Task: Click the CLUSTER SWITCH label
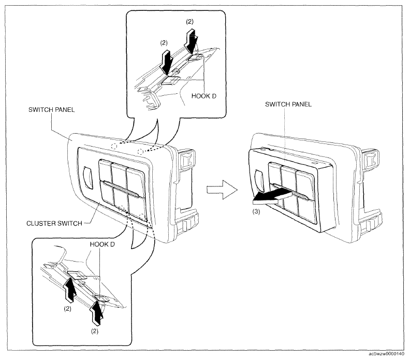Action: (54, 223)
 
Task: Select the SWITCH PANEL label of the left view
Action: (51, 110)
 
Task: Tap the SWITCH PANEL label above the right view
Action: (288, 104)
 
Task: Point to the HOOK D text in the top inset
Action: (203, 96)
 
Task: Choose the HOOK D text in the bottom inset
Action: (103, 244)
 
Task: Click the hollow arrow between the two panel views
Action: (222, 190)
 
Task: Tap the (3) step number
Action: (256, 211)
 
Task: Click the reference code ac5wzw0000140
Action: (387, 354)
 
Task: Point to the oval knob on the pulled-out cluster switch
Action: (259, 181)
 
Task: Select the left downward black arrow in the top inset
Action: (166, 62)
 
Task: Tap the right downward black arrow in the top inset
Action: (192, 40)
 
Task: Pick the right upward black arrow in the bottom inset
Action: (97, 313)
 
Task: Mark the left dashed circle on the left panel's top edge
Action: (114, 146)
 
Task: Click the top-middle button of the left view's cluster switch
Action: (120, 174)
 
